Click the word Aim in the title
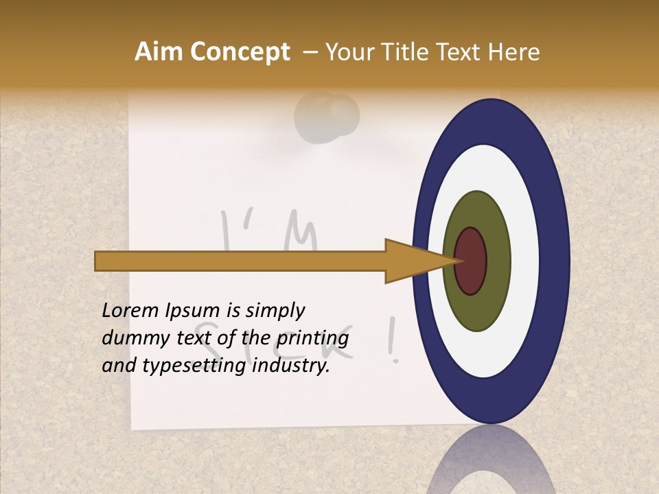(159, 52)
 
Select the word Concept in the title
(239, 52)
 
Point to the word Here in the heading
(514, 52)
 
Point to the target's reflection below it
(491, 463)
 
